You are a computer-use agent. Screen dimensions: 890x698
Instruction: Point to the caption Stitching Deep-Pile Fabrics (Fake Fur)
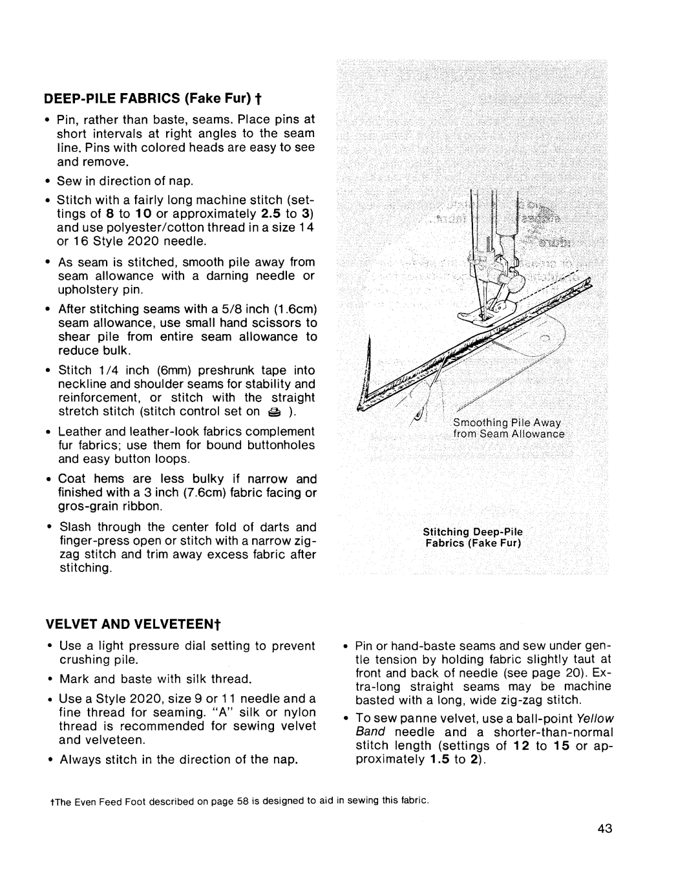tap(472, 537)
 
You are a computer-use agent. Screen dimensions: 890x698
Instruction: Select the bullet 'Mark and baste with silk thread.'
tap(154, 679)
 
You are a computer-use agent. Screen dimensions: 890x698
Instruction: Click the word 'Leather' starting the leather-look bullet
tap(79, 431)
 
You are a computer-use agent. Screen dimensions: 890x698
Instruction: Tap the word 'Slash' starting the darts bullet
tap(74, 527)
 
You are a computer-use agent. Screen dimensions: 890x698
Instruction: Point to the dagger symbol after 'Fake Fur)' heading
tap(257, 100)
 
